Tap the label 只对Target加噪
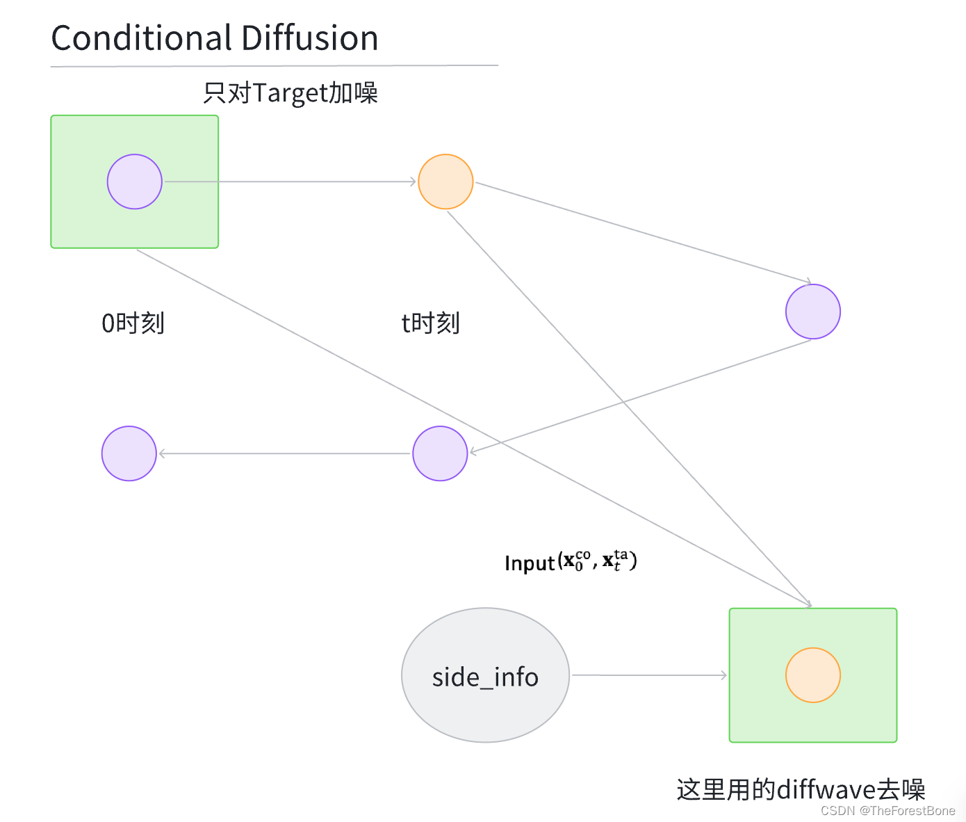290,92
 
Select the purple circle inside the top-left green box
135,182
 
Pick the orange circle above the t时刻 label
445,182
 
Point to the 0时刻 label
133,323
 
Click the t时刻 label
430,323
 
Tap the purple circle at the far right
812,312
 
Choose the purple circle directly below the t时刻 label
440,453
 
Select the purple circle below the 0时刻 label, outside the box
129,453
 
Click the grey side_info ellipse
485,675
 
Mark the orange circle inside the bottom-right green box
812,675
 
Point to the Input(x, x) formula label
571,561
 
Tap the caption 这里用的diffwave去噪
801,790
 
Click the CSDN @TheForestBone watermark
887,811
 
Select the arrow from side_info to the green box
649,675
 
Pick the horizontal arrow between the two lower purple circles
285,453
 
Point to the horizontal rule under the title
274,66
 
